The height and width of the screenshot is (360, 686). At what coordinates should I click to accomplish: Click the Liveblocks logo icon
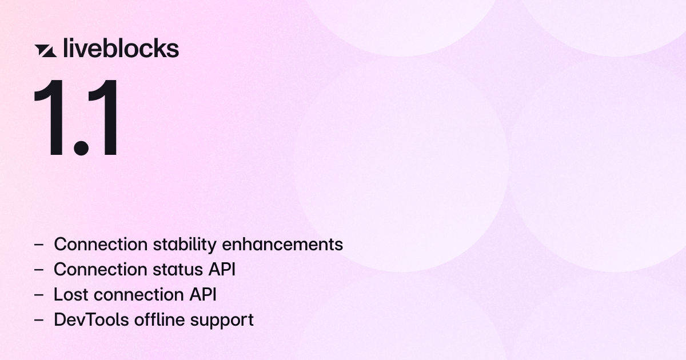coord(45,50)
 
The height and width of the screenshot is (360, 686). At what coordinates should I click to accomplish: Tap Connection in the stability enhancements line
coord(101,245)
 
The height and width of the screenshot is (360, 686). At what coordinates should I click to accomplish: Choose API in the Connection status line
coord(223,270)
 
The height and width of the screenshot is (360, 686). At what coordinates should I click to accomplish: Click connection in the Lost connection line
coord(135,295)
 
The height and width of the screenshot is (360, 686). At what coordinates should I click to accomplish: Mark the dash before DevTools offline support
coord(39,320)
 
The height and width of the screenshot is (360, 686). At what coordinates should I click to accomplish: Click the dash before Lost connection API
coord(39,295)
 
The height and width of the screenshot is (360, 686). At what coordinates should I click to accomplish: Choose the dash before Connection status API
coord(39,270)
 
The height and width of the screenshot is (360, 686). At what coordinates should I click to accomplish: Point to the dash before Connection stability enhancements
coord(39,245)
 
